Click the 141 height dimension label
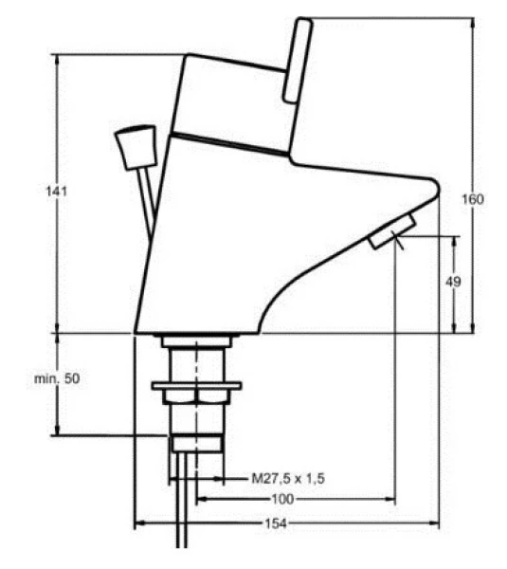click(57, 191)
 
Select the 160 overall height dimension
click(472, 199)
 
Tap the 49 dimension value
click(453, 282)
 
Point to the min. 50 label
click(57, 378)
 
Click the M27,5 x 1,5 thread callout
click(288, 478)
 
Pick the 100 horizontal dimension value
click(282, 499)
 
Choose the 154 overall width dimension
click(276, 523)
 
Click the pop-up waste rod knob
click(136, 147)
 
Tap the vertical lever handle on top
click(298, 61)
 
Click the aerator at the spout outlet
click(392, 231)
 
